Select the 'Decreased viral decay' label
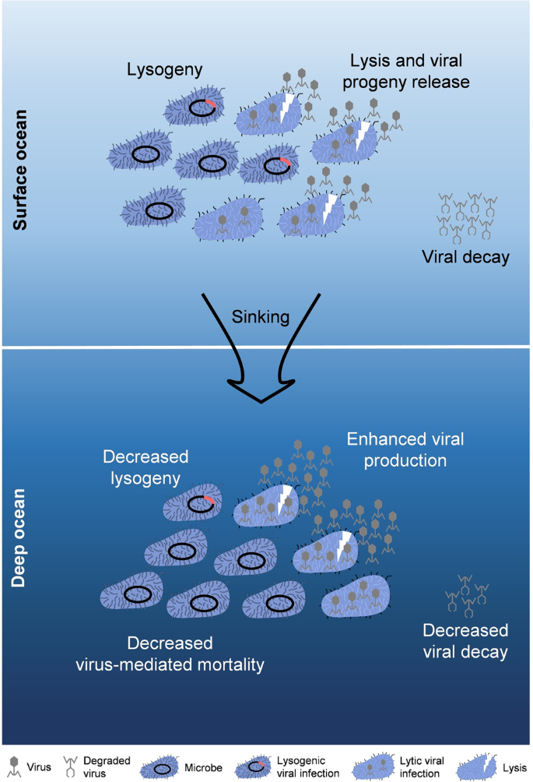tap(465, 640)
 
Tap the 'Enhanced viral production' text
tap(405, 449)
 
